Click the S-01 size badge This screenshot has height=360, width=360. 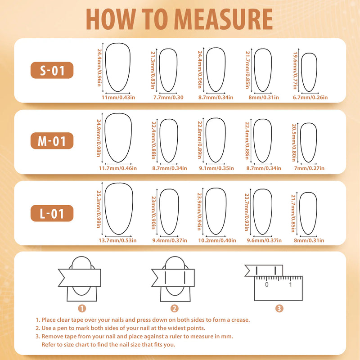[x=52, y=70]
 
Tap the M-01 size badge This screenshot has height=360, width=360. [x=52, y=141]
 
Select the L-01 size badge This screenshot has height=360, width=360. [x=52, y=213]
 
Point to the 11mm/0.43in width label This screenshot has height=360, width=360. [x=118, y=97]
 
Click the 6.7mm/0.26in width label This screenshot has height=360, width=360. [x=310, y=97]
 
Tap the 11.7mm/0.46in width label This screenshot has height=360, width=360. [x=118, y=168]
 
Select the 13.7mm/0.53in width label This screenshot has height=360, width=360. [x=117, y=240]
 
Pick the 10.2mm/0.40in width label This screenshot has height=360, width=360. [x=217, y=240]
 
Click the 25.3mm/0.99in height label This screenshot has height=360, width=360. [x=99, y=209]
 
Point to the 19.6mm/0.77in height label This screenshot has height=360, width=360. [x=295, y=71]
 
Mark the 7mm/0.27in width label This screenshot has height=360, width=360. [x=309, y=168]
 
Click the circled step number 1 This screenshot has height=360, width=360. [x=82, y=308]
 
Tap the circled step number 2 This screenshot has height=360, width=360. [x=175, y=308]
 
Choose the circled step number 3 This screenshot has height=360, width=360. [x=279, y=308]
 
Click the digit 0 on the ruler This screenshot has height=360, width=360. [x=266, y=284]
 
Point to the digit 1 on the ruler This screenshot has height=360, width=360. [x=290, y=284]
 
